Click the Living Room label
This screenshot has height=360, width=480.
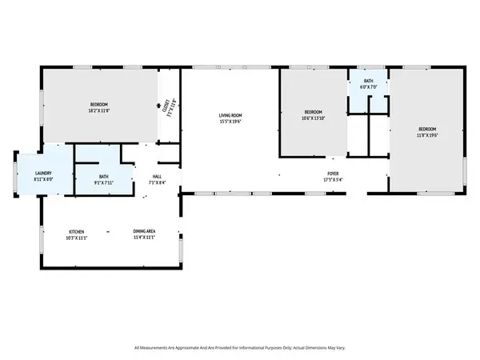230,116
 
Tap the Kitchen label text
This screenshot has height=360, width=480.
76,232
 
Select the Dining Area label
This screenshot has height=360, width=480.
144,232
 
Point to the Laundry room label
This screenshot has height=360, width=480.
43,174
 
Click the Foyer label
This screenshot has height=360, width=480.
332,174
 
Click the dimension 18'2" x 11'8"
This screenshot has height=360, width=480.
99,111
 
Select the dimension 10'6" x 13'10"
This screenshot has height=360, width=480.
313,118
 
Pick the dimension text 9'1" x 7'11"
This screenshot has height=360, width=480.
104,182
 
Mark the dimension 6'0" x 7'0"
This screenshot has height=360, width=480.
368,86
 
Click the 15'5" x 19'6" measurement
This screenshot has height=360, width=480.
230,122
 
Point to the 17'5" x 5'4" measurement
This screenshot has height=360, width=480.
332,179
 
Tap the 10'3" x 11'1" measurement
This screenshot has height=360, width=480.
76,238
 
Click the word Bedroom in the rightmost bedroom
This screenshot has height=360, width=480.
427,129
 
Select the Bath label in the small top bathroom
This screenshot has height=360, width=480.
368,80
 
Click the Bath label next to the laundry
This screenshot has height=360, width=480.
104,177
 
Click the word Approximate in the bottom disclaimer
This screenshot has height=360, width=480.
195,348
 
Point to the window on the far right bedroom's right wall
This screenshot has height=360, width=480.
466,170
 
